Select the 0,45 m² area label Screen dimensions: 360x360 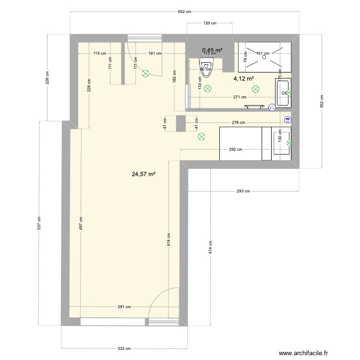pos(212,50)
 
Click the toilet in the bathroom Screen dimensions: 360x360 pos(204,69)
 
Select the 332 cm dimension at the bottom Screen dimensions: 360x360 pos(124,349)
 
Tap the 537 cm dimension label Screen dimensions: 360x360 pos(40,223)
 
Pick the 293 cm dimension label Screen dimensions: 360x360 pos(244,191)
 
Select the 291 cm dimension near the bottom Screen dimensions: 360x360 pos(124,307)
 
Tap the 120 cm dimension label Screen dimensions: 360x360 pos(209,23)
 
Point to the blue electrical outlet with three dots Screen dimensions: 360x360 pos(272,108)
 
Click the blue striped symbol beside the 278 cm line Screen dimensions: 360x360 pos(288,120)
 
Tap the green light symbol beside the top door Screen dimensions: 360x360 pos(145,73)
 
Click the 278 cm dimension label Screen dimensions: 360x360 pos(239,122)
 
